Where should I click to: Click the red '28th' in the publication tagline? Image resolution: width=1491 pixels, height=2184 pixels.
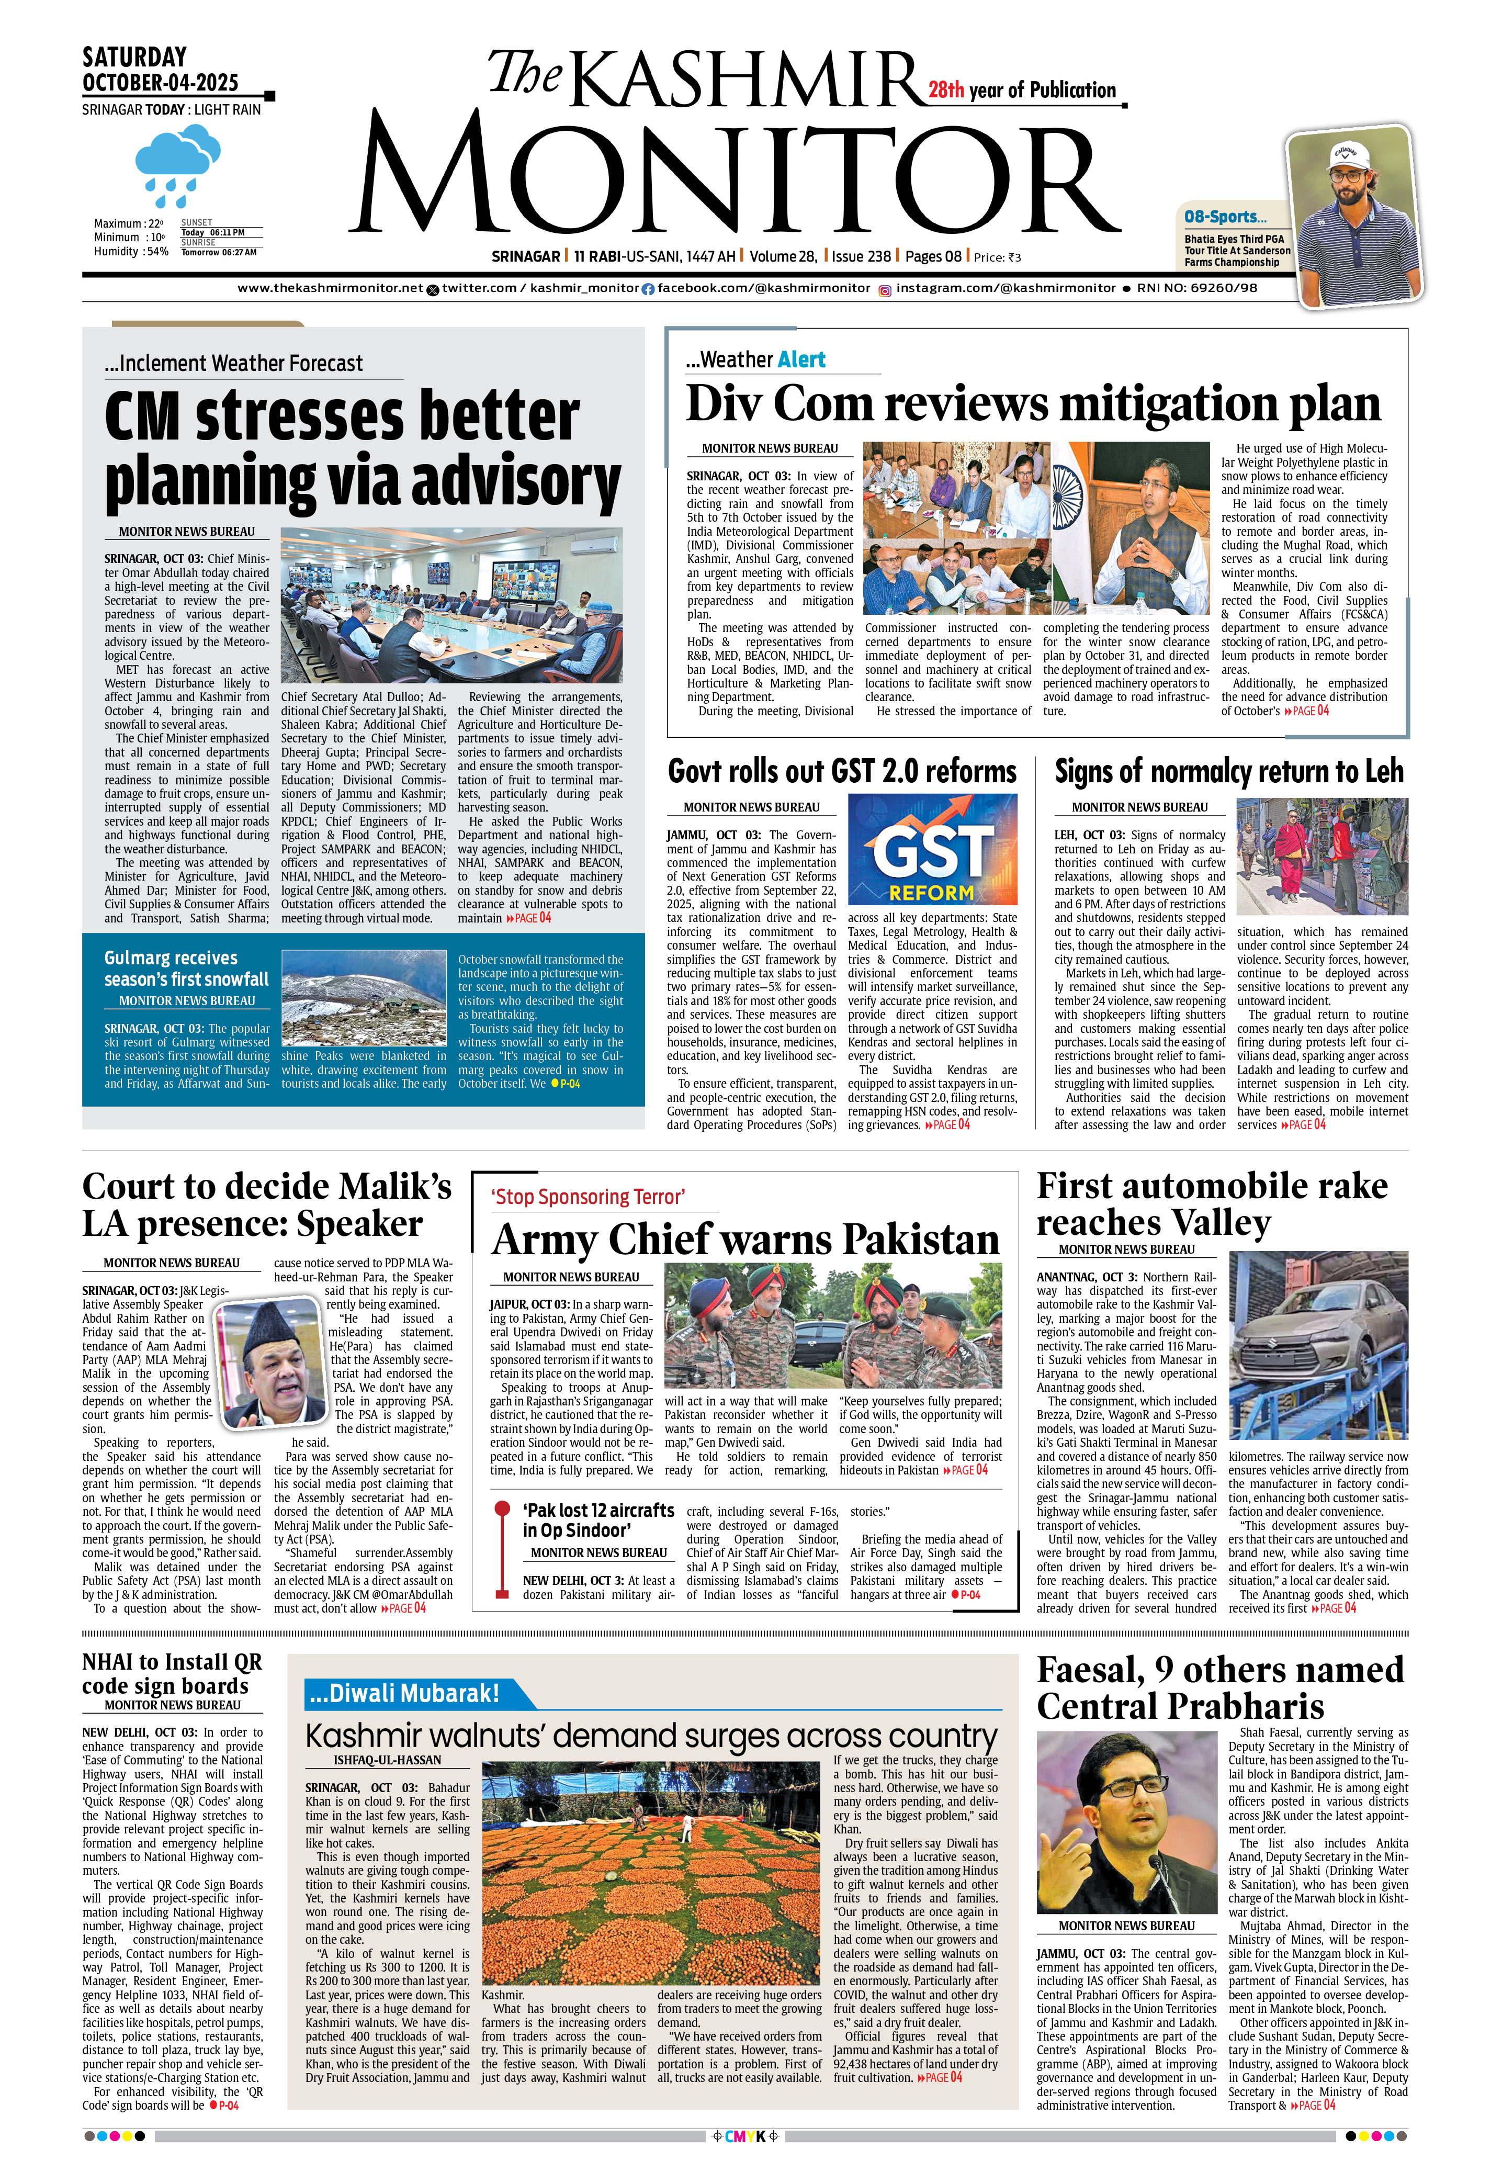[946, 90]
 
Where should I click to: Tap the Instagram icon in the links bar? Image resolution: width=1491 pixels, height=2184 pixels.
[884, 289]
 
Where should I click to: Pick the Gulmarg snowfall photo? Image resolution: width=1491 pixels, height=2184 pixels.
[364, 998]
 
